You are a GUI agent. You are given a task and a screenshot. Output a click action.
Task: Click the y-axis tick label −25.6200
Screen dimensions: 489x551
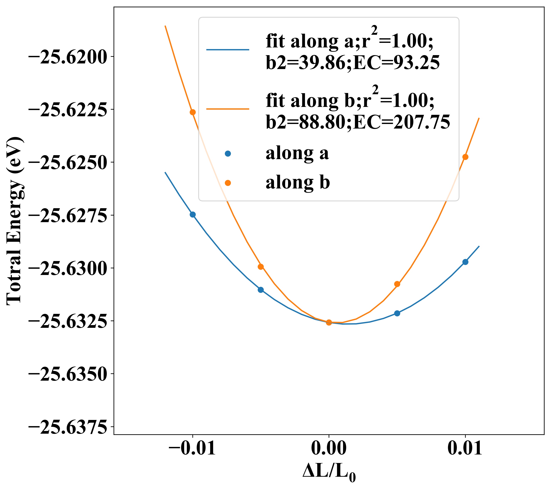67,57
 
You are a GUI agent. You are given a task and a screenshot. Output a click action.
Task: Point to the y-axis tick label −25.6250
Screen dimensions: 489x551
67,163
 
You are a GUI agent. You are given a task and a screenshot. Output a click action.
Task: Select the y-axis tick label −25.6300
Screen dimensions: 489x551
67,269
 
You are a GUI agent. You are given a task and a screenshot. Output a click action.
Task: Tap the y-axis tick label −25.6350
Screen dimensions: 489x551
67,374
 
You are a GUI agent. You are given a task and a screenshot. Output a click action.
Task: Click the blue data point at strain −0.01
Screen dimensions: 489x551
192,215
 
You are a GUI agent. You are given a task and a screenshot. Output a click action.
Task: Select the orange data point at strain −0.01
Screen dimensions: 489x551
192,112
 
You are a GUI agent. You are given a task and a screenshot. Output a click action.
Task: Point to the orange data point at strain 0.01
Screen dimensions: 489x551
465,157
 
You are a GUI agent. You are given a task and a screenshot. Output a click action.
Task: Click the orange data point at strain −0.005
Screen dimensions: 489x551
261,267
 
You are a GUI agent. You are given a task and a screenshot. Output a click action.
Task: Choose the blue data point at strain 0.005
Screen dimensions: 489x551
397,313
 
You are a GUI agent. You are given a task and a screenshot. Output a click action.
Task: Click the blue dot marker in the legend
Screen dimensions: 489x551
228,154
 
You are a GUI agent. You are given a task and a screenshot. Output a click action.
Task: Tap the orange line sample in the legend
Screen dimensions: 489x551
228,109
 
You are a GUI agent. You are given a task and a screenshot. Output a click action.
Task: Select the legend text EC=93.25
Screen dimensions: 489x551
396,63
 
